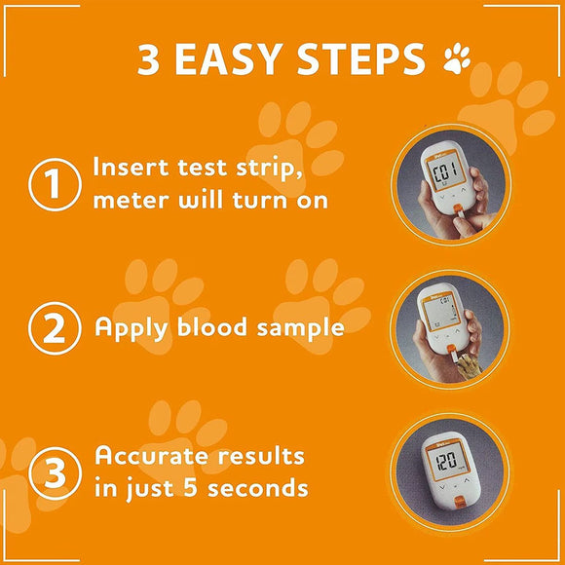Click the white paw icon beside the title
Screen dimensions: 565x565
(456, 60)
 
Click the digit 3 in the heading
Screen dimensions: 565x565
(148, 59)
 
